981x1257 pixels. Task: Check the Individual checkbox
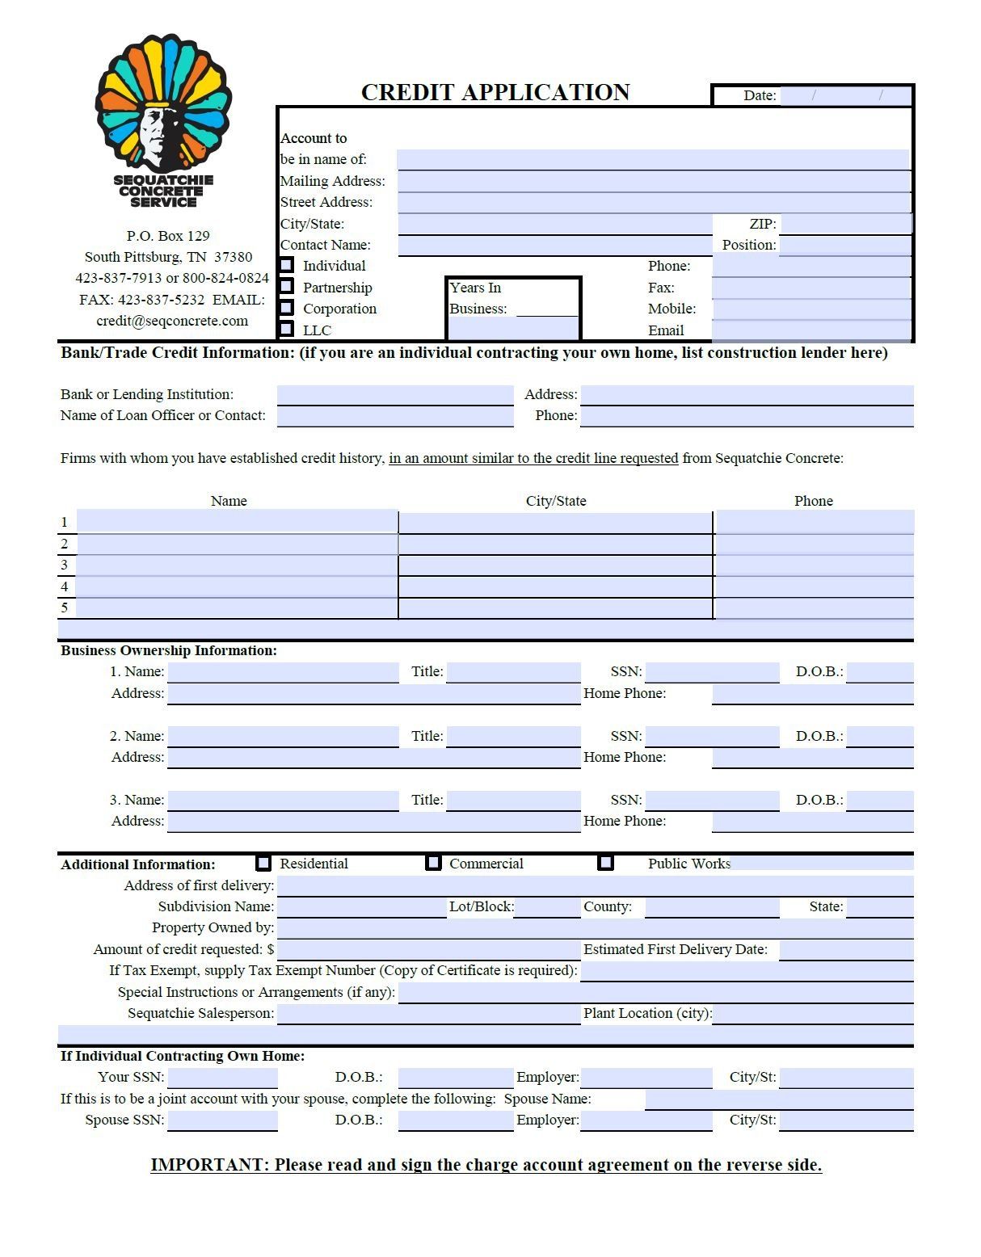[x=287, y=265]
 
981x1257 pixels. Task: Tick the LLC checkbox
[x=287, y=329]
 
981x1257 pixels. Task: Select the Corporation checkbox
[x=287, y=308]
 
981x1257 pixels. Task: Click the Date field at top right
[x=844, y=95]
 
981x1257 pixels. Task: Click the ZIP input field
[x=845, y=224]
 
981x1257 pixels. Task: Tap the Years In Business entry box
[x=513, y=327]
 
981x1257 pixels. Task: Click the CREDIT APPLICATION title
[x=495, y=92]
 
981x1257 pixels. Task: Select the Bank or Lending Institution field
[x=395, y=394]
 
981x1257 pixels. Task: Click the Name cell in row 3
[x=238, y=565]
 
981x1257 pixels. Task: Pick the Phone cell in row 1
[x=814, y=522]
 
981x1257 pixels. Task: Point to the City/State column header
[x=556, y=501]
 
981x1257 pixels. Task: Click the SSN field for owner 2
[x=712, y=736]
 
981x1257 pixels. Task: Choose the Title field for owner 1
[x=513, y=671]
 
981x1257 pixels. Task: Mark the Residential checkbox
[x=263, y=863]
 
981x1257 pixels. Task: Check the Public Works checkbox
[x=606, y=863]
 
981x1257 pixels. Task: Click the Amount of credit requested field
[x=428, y=949]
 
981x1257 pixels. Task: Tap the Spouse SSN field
[x=222, y=1120]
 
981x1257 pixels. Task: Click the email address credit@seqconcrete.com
[x=172, y=321]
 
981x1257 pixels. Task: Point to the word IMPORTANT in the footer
[x=207, y=1165]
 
